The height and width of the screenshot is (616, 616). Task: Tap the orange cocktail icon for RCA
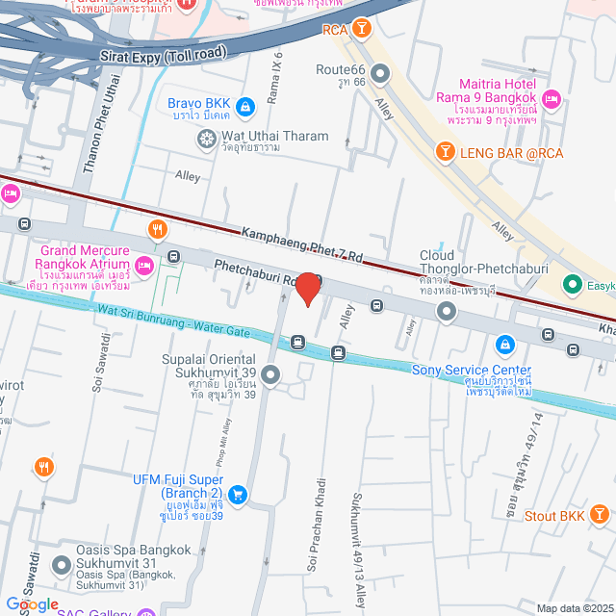(361, 30)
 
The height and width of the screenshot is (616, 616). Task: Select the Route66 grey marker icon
(380, 72)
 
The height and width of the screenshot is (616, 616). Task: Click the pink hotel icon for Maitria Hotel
(552, 98)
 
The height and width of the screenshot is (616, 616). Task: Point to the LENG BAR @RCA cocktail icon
(446, 150)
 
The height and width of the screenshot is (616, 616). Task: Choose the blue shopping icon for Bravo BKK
(245, 106)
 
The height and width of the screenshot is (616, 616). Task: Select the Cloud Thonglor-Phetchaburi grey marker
(447, 311)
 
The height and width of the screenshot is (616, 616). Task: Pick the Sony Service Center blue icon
(504, 344)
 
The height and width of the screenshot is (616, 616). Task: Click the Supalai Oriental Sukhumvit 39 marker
(270, 375)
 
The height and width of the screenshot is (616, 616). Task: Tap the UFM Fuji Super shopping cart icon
(238, 496)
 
